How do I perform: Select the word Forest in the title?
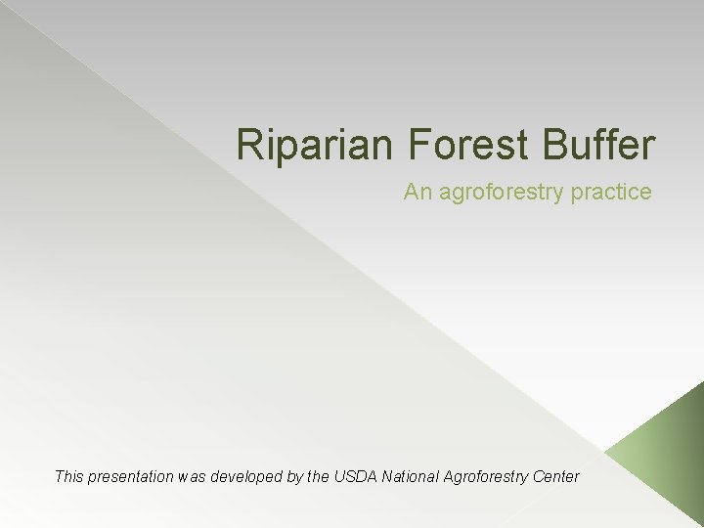click(456, 145)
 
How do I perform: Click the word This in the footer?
click(69, 477)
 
